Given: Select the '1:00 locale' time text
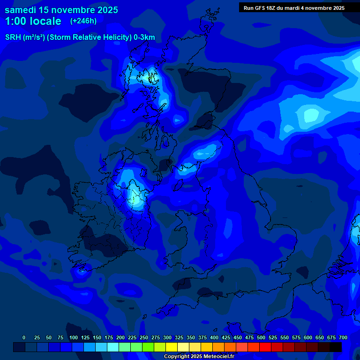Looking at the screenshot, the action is [33, 21].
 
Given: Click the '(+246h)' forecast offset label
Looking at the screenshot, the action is [83, 21].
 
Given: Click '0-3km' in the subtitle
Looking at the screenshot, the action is [144, 37].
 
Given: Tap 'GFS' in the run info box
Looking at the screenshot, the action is [263, 7].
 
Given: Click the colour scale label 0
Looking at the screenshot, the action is [24, 337].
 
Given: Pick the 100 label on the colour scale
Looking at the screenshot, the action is [74, 337].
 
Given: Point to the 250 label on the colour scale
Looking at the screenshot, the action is [144, 337].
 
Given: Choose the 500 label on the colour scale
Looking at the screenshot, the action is [261, 337].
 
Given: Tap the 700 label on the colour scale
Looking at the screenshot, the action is [343, 337].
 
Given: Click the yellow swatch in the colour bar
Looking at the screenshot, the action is [172, 347].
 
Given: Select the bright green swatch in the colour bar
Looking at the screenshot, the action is [148, 347].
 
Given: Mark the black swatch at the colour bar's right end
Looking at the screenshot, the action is [336, 347].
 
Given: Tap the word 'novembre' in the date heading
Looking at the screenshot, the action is [75, 10].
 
